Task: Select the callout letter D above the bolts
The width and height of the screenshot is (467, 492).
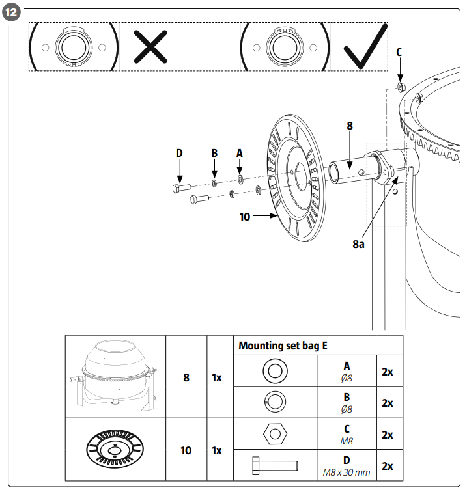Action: [179, 153]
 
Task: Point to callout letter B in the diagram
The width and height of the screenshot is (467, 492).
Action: [214, 153]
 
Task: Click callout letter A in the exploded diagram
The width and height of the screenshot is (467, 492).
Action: [239, 153]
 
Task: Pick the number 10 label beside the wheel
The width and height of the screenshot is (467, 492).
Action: [245, 217]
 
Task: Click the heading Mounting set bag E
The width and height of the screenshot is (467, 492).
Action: [283, 346]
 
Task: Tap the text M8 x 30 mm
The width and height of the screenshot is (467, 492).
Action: [347, 471]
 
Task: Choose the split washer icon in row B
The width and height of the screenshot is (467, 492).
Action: [274, 403]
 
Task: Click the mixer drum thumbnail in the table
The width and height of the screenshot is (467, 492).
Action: [115, 376]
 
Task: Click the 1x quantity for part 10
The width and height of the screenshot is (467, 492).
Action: [218, 450]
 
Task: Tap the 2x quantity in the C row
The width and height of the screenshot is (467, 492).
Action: [387, 434]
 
